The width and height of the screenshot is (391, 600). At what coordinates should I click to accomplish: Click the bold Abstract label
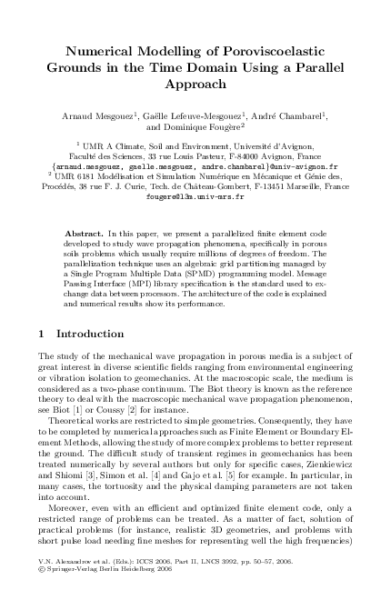click(x=84, y=235)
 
